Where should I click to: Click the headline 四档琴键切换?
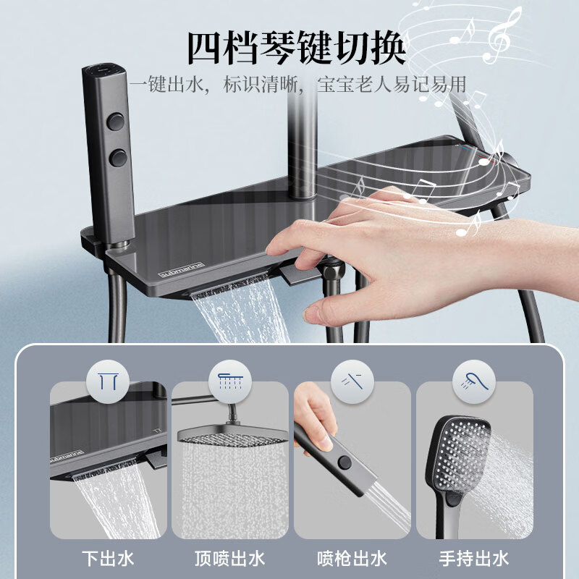tap(297, 48)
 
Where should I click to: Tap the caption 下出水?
tap(108, 559)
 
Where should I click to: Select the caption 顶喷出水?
tap(229, 559)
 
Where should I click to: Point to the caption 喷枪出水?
tap(352, 559)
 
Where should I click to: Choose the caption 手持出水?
tap(474, 559)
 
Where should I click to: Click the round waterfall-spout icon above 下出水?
tap(108, 381)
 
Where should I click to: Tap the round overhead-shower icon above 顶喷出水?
tap(229, 381)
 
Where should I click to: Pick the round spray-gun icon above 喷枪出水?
tap(352, 381)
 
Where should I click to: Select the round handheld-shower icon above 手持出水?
tap(474, 381)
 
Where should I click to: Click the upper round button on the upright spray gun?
tap(116, 122)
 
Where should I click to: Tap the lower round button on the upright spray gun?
tap(118, 158)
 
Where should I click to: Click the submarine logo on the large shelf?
tap(182, 270)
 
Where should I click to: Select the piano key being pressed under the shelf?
tap(299, 274)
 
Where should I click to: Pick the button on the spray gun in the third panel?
tap(345, 462)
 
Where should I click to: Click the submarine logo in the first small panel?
tap(67, 456)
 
